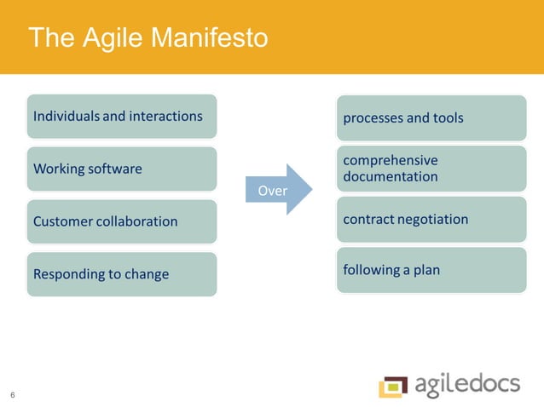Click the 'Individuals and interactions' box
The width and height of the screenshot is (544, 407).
pos(121,117)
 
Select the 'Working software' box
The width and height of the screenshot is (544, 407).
pos(121,169)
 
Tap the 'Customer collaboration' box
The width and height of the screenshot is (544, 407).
pos(121,221)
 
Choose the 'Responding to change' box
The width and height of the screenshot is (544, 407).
pos(121,274)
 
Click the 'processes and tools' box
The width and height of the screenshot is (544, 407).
pos(431,118)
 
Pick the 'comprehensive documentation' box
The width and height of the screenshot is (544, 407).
pos(431,169)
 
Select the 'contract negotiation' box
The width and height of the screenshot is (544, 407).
pos(431,220)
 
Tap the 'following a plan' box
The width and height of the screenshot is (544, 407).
pos(431,271)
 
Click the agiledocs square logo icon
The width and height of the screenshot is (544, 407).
pos(393,386)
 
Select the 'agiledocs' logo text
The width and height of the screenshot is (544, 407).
pos(468,385)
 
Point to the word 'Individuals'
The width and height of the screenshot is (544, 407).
pos(66,116)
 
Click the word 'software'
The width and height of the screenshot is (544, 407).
pos(114,169)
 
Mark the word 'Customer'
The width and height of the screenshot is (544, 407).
pos(63,221)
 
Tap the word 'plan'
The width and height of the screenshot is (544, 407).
pos(426,271)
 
